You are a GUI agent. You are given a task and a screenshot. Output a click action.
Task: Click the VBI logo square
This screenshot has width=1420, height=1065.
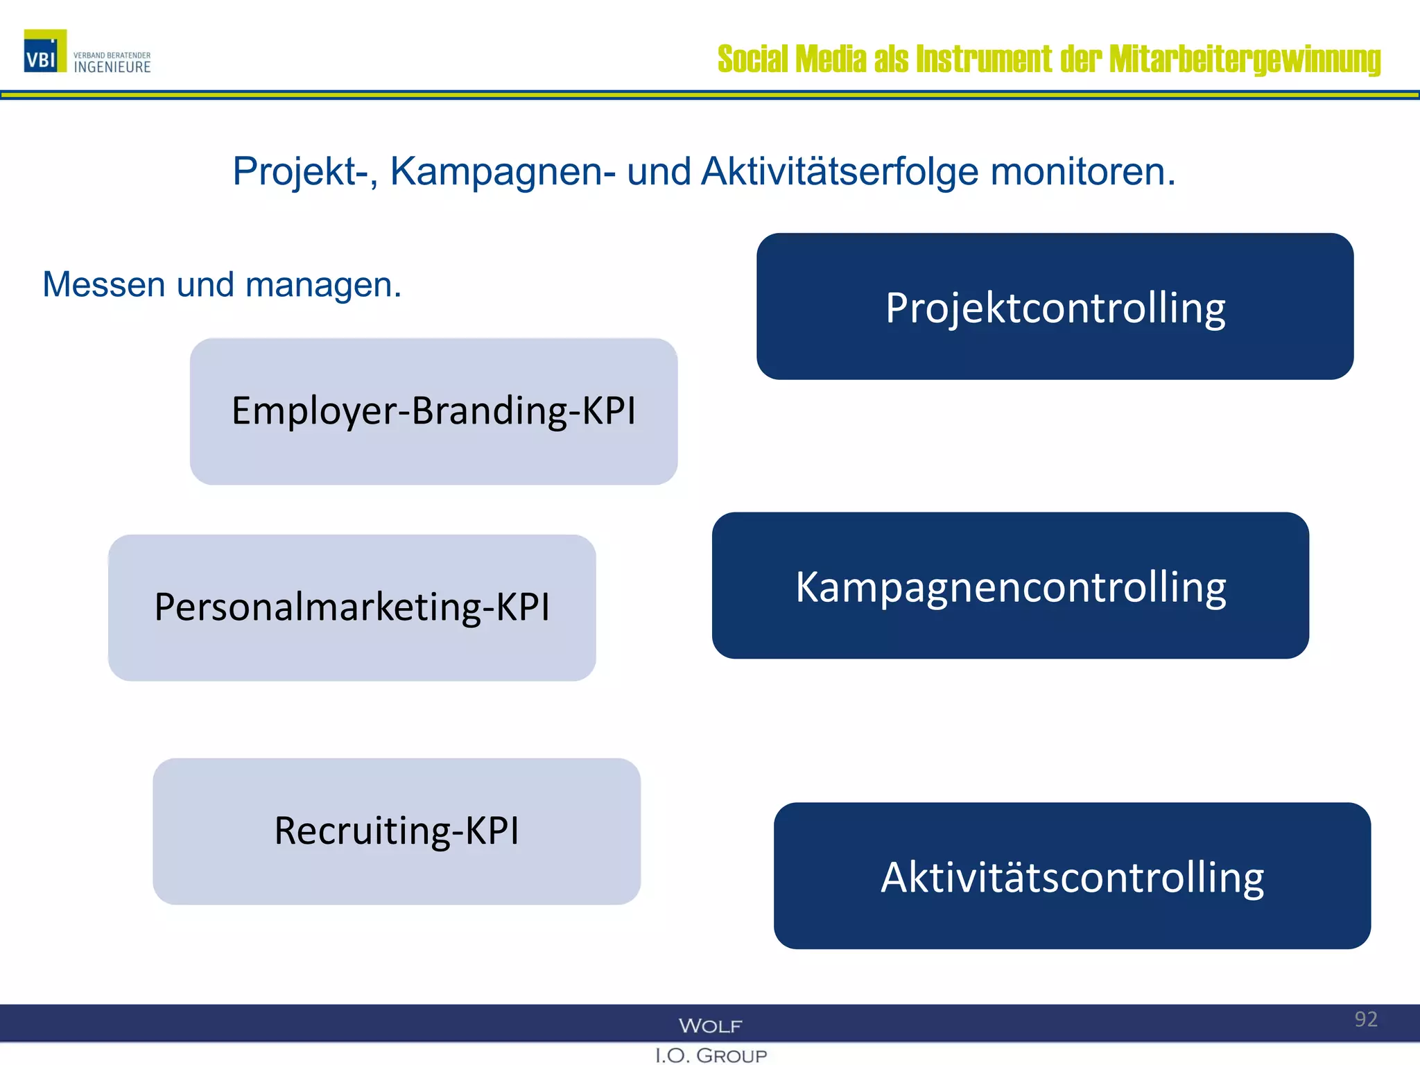pyautogui.click(x=45, y=51)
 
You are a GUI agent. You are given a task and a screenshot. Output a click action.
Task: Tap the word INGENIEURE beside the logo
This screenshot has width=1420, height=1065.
pyautogui.click(x=112, y=67)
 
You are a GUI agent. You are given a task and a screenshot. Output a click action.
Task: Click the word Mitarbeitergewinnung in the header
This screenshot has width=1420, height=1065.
pyautogui.click(x=1245, y=60)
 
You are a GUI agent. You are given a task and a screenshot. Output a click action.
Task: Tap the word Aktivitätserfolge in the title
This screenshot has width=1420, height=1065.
pyautogui.click(x=840, y=171)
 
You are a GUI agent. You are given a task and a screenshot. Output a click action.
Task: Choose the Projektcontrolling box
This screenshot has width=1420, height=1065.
pyautogui.click(x=1055, y=306)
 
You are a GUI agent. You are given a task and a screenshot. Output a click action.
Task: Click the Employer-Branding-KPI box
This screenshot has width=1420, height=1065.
pyautogui.click(x=433, y=411)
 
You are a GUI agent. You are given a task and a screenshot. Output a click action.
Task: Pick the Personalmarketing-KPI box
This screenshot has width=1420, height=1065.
pyautogui.click(x=352, y=607)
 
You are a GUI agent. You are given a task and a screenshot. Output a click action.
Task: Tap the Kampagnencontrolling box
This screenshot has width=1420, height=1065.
pyautogui.click(x=1010, y=586)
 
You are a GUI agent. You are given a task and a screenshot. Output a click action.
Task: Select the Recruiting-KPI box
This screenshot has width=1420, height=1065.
pyautogui.click(x=397, y=831)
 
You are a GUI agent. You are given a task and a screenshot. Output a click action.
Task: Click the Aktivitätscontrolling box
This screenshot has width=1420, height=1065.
pyautogui.click(x=1072, y=876)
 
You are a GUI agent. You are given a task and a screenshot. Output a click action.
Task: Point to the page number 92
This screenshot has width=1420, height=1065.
pyautogui.click(x=1366, y=1019)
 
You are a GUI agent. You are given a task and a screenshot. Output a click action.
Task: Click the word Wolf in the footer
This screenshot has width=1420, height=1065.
pyautogui.click(x=710, y=1025)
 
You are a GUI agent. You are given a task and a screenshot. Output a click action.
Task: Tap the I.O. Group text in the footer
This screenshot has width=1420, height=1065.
pyautogui.click(x=711, y=1055)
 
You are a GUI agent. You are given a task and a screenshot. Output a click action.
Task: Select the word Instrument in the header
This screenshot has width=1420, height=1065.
pyautogui.click(x=984, y=60)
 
